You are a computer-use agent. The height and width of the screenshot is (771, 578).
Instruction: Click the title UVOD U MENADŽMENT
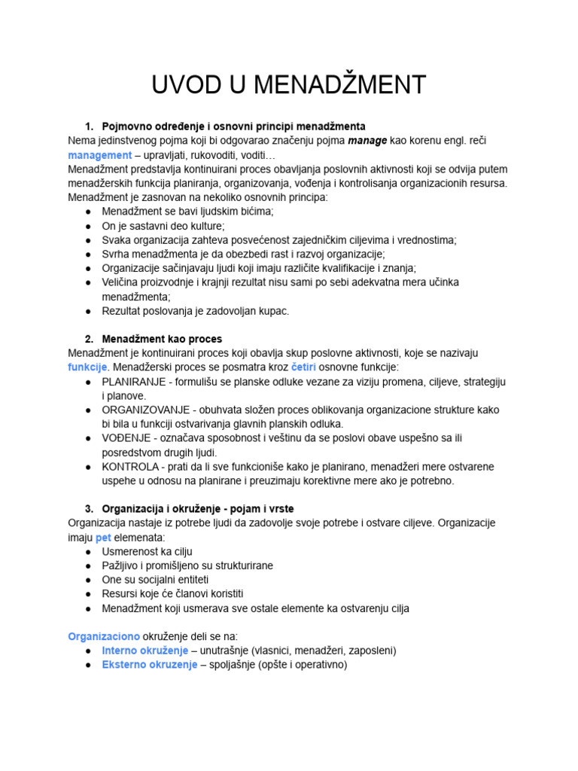[x=289, y=85]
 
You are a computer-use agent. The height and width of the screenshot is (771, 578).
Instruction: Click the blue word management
[x=99, y=154]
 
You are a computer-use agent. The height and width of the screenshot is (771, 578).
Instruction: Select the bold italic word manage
[x=367, y=140]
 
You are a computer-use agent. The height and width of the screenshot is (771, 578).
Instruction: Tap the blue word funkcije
[x=88, y=367]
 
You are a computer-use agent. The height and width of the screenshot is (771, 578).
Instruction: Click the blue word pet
[x=102, y=538]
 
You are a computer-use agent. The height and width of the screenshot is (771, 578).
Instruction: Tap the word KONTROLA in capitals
[x=129, y=467]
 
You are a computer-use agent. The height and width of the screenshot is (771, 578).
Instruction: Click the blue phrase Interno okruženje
[x=144, y=651]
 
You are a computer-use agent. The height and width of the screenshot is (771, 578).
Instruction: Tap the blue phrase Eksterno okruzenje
[x=149, y=665]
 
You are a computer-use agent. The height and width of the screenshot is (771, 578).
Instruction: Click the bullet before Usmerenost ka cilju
[x=88, y=552]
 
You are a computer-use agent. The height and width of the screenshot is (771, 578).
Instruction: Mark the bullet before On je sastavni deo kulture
[x=88, y=225]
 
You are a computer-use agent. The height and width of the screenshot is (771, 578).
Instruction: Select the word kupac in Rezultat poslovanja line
[x=273, y=310]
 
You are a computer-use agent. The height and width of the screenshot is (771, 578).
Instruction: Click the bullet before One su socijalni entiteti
[x=88, y=580]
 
